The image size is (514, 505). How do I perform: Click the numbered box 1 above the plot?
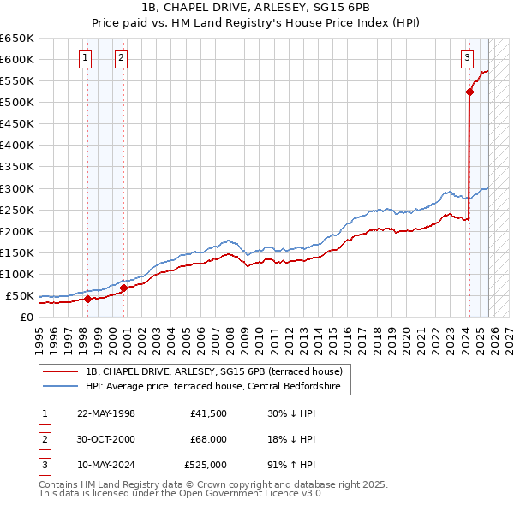pyautogui.click(x=87, y=58)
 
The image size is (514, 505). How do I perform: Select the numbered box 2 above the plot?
pyautogui.click(x=121, y=58)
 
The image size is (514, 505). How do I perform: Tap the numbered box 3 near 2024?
pyautogui.click(x=467, y=58)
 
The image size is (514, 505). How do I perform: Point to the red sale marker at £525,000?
pyautogui.click(x=469, y=92)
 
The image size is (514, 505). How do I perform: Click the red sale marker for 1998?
pyautogui.click(x=87, y=299)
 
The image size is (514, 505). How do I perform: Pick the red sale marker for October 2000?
pyautogui.click(x=123, y=288)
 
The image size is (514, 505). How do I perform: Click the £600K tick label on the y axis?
pyautogui.click(x=17, y=59)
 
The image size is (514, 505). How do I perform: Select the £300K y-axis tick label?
pyautogui.click(x=17, y=188)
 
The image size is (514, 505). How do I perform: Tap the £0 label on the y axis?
pyautogui.click(x=26, y=317)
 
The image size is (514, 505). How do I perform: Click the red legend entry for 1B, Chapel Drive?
pyautogui.click(x=214, y=371)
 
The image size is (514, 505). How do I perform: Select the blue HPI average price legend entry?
pyautogui.click(x=212, y=387)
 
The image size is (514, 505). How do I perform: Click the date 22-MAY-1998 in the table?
pyautogui.click(x=106, y=413)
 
